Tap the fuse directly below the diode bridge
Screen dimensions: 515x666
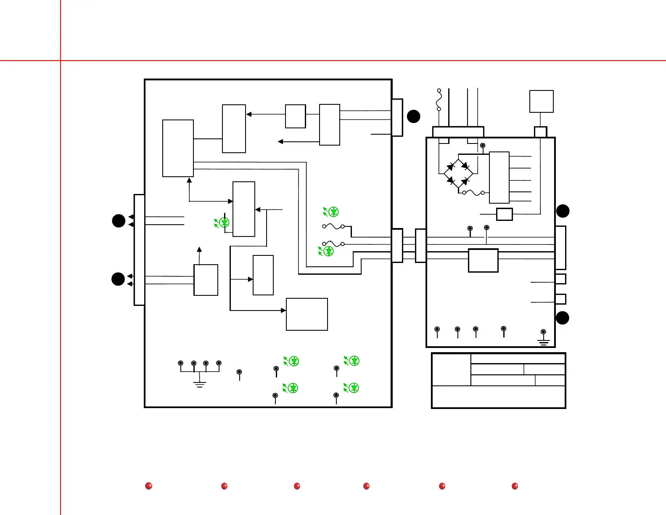tap(473, 193)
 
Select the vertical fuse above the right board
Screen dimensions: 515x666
tap(439, 100)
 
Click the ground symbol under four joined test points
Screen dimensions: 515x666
tap(200, 384)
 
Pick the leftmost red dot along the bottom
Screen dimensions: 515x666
tap(148, 486)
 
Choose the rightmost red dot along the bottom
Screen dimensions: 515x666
tap(515, 486)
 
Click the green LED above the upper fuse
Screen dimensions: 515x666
tap(333, 211)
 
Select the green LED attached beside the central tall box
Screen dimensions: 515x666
tap(224, 223)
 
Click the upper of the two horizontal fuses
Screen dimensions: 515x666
tap(333, 226)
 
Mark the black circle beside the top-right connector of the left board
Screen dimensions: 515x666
tap(414, 116)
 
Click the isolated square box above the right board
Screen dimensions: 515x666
tap(541, 101)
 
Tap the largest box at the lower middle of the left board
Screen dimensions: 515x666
tap(307, 314)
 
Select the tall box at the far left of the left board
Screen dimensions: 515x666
tap(178, 148)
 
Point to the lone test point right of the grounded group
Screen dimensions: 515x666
tap(239, 372)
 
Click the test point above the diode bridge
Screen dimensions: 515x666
tap(483, 146)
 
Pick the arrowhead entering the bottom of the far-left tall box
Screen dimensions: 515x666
tap(189, 180)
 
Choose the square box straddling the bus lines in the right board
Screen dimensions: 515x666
tap(483, 260)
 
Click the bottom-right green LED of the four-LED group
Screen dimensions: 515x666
tap(354, 388)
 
